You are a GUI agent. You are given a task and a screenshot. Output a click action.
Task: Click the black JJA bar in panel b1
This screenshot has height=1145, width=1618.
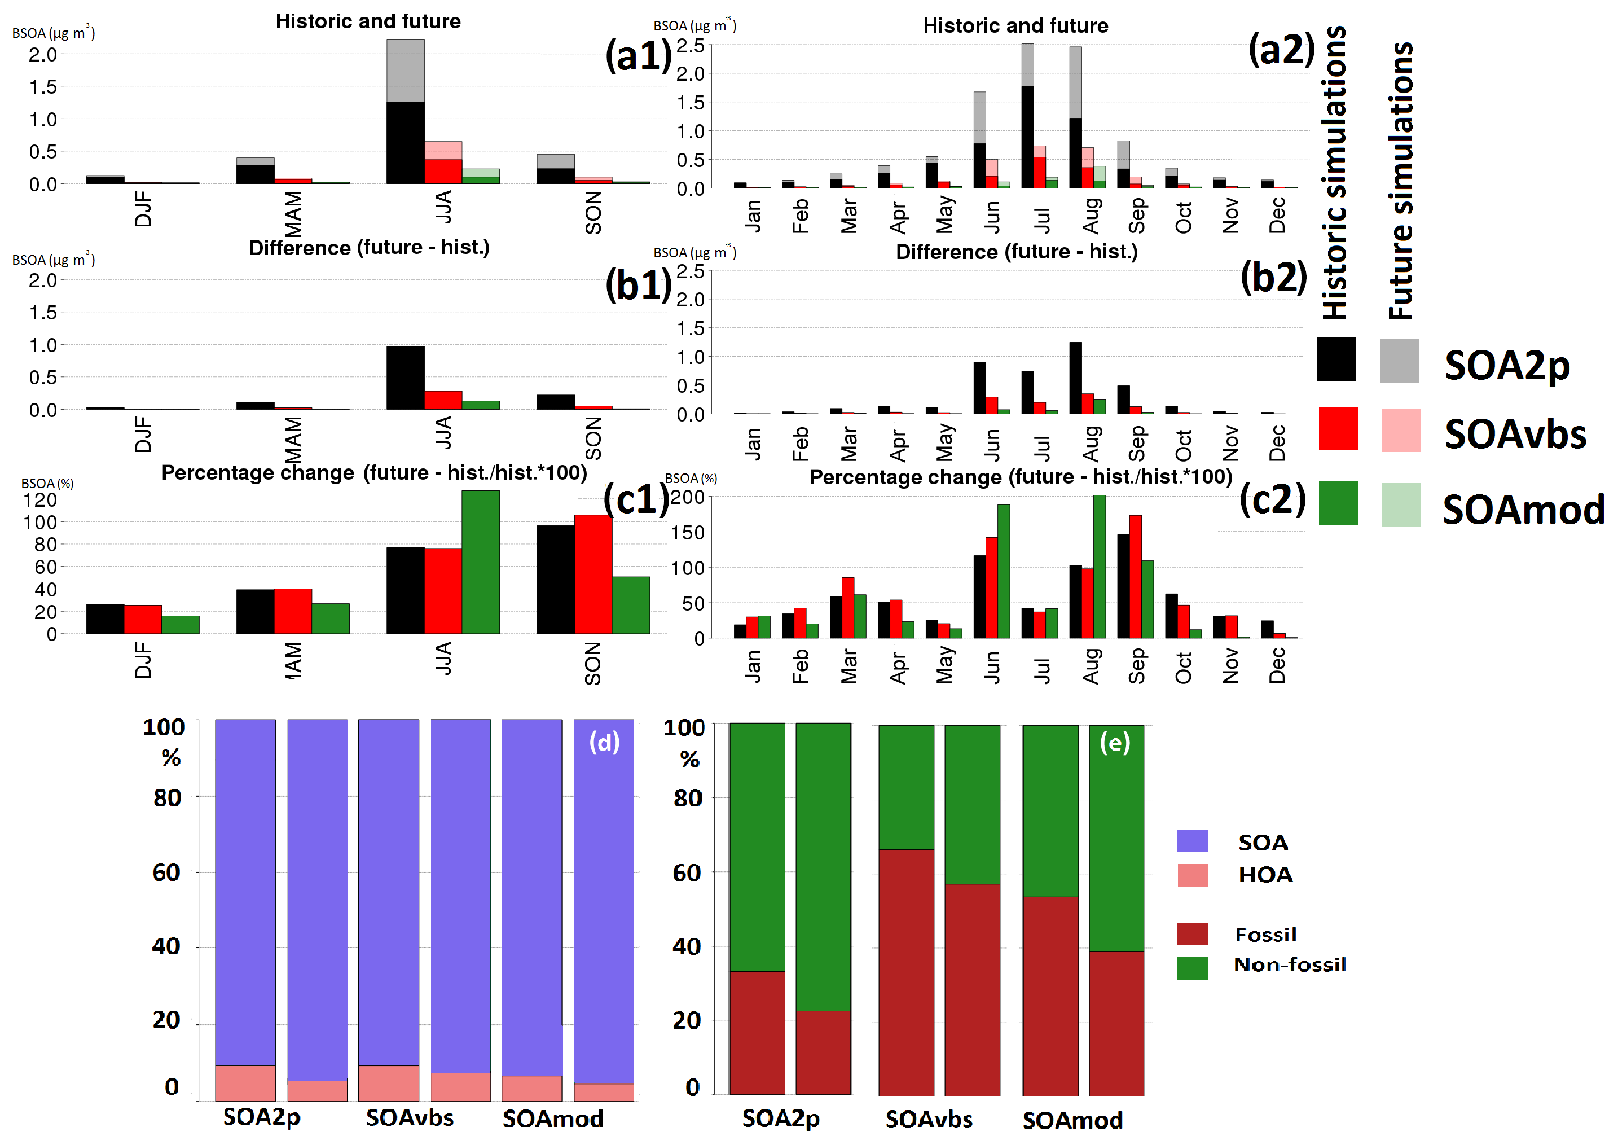point(405,378)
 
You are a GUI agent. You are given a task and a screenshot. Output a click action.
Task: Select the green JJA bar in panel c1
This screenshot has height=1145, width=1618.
point(481,562)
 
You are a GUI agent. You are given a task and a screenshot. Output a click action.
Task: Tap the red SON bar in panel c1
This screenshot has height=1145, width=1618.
point(593,574)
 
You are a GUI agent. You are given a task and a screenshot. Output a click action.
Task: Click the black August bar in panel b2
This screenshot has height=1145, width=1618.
point(1075,378)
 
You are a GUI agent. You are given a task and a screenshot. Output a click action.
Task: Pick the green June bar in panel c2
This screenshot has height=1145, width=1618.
point(1004,571)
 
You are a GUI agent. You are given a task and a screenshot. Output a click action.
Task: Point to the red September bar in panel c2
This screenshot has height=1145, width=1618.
point(1135,577)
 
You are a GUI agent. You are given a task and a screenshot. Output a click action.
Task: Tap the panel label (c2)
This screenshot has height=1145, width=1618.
point(1272,499)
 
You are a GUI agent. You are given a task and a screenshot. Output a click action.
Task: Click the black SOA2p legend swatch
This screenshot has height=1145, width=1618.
point(1336,359)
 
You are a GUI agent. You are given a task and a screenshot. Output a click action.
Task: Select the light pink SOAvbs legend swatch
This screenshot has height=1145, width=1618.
point(1400,430)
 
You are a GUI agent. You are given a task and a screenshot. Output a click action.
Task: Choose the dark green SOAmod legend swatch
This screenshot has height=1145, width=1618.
point(1338,503)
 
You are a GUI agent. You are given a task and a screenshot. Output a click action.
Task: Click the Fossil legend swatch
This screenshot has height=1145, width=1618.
point(1193,934)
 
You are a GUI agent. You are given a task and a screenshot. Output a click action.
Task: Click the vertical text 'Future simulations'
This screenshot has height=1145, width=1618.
point(1401,181)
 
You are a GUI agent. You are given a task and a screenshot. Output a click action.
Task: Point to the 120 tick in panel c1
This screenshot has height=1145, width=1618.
point(40,501)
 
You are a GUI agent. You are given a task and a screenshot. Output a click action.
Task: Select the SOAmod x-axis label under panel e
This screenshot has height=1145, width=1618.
point(1072,1120)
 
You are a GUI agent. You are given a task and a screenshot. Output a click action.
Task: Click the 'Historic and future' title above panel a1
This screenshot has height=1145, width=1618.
point(368,22)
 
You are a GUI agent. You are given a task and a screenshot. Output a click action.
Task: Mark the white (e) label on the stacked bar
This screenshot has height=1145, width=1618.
point(1115,743)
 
